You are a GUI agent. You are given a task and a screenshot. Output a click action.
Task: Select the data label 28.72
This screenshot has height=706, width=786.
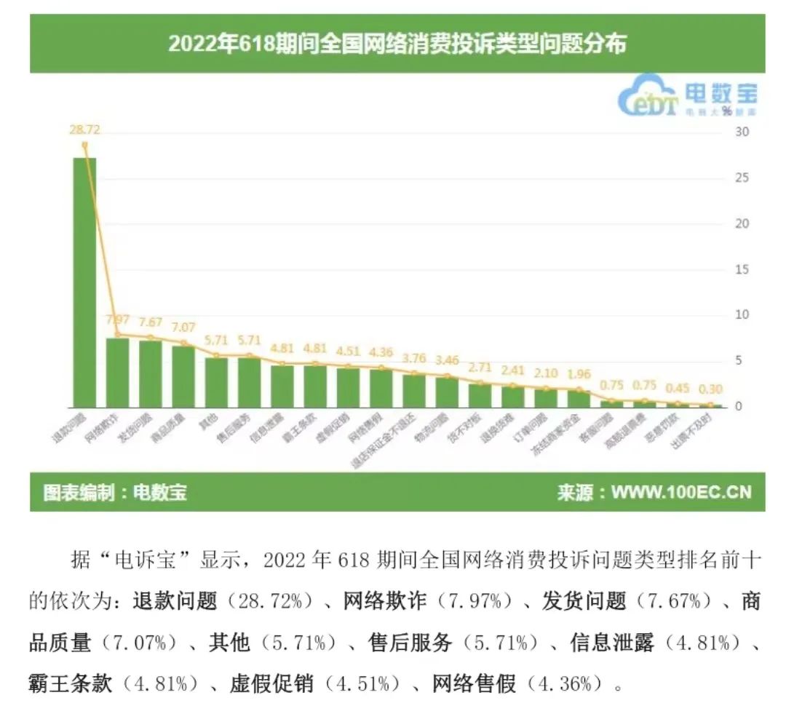click(84, 131)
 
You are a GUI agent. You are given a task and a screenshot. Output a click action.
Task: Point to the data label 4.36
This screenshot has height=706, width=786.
click(381, 352)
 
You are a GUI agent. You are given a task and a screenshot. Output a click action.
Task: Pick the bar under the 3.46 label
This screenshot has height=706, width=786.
click(447, 392)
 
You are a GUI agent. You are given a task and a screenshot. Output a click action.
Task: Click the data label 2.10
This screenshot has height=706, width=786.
click(546, 373)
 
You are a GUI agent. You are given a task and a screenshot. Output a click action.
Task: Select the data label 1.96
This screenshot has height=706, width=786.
click(579, 375)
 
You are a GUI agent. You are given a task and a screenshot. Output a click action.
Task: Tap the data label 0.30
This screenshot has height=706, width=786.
click(711, 389)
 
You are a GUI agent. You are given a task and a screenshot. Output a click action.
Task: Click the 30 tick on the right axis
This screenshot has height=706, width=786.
click(740, 132)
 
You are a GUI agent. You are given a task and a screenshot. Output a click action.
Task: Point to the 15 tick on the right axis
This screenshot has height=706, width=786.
click(740, 270)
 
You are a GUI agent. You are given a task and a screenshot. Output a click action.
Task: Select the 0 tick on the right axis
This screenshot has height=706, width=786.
click(738, 406)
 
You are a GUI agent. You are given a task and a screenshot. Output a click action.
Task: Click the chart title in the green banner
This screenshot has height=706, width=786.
click(397, 44)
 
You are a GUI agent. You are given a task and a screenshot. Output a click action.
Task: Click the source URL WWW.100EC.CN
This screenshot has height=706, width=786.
click(680, 493)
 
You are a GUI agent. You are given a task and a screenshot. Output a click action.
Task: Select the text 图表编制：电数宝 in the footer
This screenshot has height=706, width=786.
click(115, 493)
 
